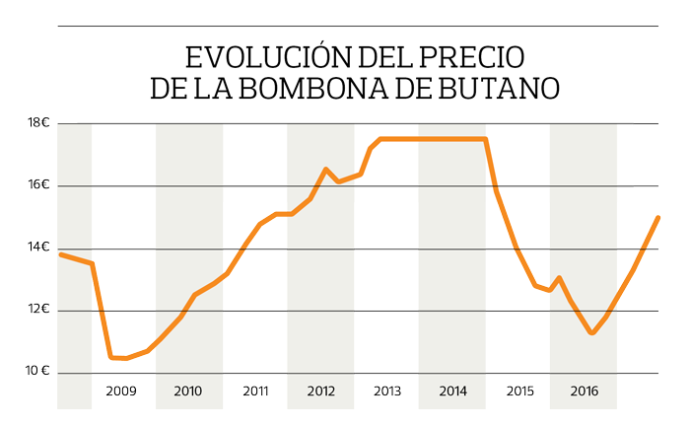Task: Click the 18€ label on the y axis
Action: click(38, 123)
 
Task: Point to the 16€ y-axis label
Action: click(38, 185)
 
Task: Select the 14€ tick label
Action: click(38, 248)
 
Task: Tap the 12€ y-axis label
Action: click(38, 310)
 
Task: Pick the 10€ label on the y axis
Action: click(38, 372)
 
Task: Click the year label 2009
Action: click(122, 391)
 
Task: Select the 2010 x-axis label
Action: click(188, 391)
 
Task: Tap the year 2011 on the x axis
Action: click(255, 391)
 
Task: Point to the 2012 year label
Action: click(321, 391)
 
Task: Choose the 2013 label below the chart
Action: click(387, 391)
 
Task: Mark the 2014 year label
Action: click(453, 391)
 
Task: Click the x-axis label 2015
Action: click(520, 391)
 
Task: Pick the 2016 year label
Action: click(585, 391)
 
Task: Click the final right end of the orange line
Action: click(657, 217)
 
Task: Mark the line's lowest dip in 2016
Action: click(591, 333)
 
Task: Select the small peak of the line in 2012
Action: click(326, 170)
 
